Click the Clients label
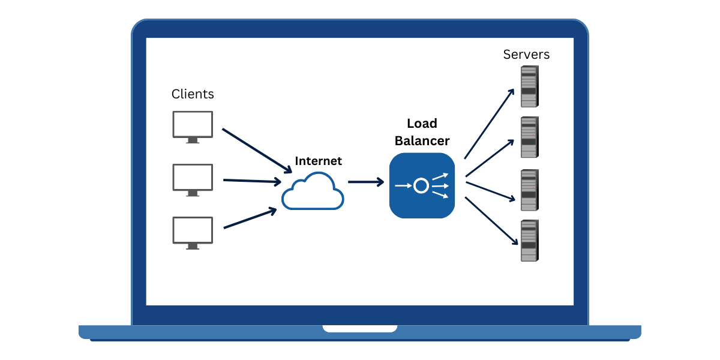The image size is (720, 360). point(193,94)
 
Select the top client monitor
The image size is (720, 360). point(193,125)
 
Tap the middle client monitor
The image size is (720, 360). point(193,178)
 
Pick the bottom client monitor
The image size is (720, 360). point(193,231)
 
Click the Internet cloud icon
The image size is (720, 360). point(313,191)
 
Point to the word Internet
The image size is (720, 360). point(318,161)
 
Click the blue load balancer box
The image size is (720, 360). point(422,185)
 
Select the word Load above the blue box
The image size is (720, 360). point(422,124)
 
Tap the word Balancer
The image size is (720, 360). point(422,141)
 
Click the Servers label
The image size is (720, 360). point(526,55)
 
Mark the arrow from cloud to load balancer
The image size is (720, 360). point(365,182)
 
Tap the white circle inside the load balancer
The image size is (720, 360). point(421,186)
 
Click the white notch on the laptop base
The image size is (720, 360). point(360,328)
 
